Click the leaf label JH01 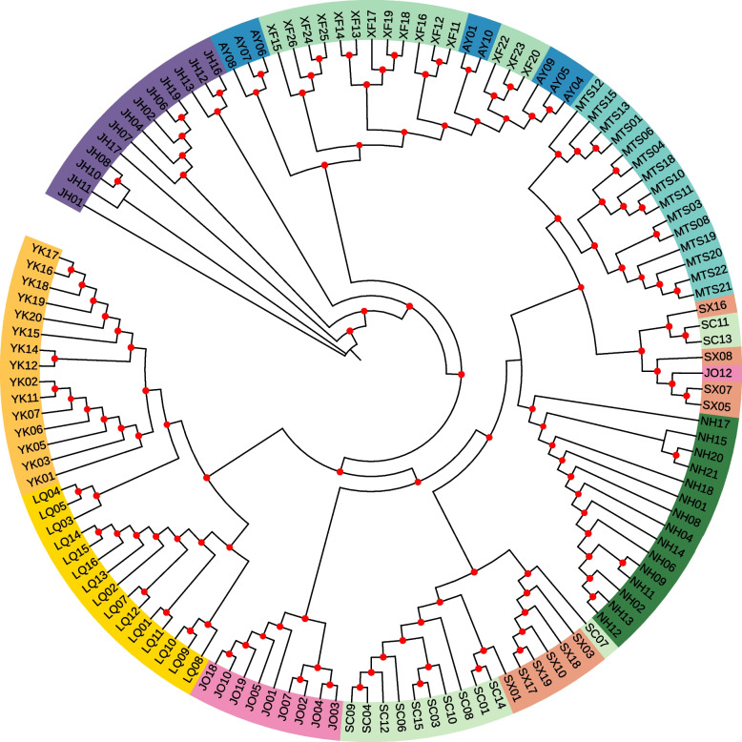69,196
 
